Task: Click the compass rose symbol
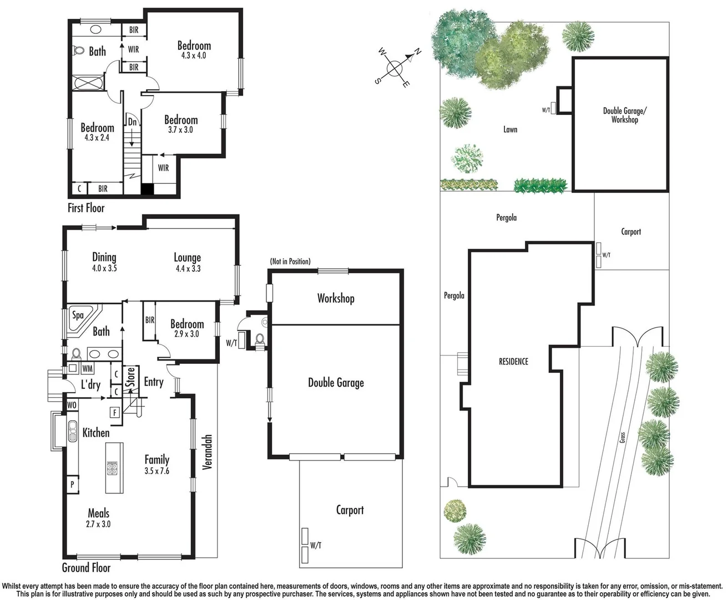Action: pos(395,68)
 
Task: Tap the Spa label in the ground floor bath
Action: pos(78,315)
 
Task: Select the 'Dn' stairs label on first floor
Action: pos(132,122)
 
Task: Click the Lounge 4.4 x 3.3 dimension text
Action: pos(188,269)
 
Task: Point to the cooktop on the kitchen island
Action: pos(113,469)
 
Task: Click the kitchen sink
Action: pos(72,431)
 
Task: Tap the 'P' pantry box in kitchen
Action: pos(72,484)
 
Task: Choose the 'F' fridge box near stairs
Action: pos(115,412)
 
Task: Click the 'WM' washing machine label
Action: pos(87,368)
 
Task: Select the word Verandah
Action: pos(207,452)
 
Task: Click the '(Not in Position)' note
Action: pos(290,261)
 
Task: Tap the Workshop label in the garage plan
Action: pos(336,298)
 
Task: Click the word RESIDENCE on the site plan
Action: pos(513,362)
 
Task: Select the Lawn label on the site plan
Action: pos(510,129)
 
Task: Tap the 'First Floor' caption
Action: pos(86,208)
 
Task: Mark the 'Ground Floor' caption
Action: pos(86,567)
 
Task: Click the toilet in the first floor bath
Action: pos(79,51)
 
